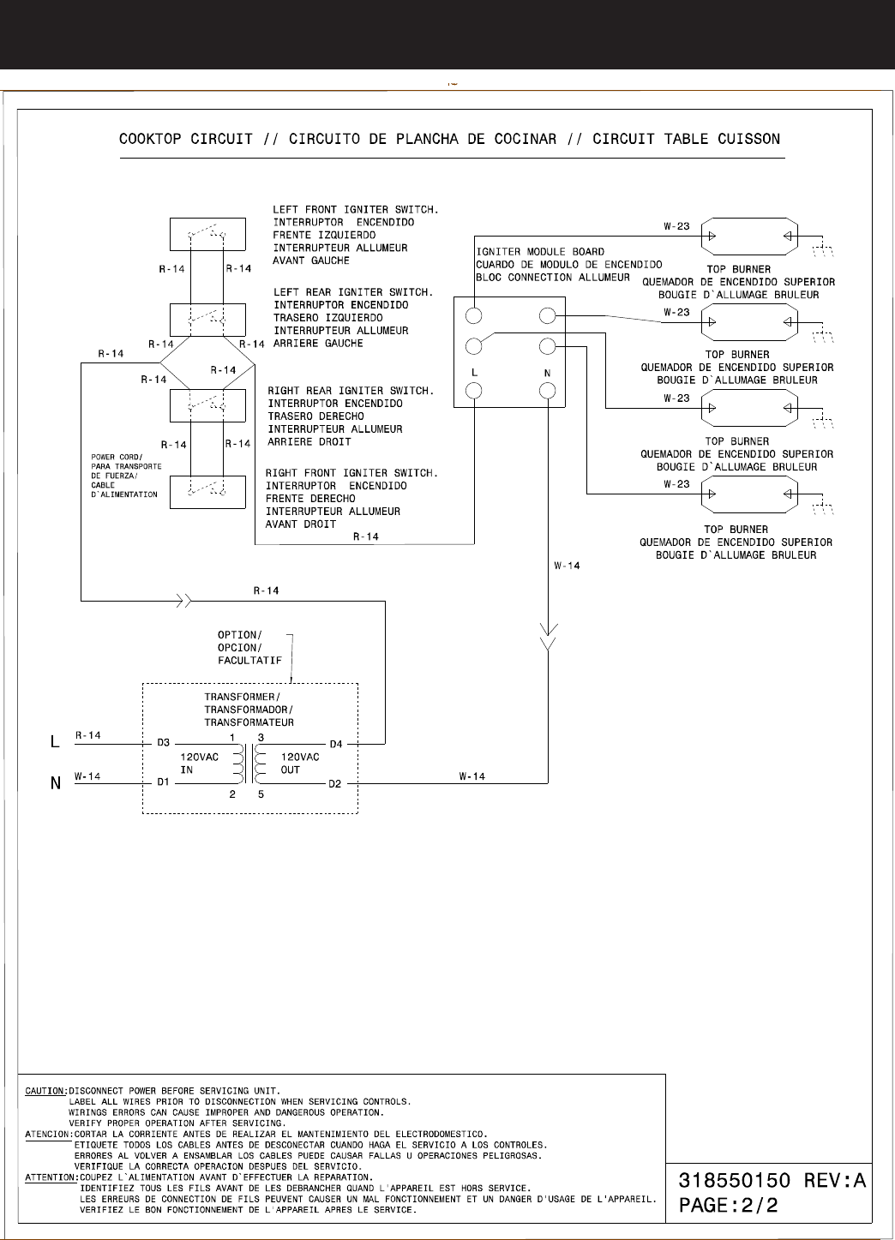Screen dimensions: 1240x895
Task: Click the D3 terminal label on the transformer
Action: (163, 743)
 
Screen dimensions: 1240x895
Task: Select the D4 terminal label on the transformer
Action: (336, 744)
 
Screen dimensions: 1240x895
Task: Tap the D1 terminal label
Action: (163, 782)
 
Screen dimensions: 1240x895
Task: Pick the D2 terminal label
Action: (336, 783)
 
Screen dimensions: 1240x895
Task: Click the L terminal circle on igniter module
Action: (474, 391)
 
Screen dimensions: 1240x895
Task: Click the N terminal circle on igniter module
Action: (548, 391)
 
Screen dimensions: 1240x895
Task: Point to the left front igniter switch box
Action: (207, 234)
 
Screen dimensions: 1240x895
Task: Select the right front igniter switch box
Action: (207, 492)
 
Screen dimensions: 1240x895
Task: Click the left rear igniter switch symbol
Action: (207, 319)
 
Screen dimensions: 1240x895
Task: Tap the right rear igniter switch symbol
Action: (207, 404)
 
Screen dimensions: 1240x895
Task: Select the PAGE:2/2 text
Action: (729, 1205)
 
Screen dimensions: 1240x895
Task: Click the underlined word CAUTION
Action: (45, 1092)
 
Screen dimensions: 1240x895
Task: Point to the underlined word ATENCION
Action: (47, 1135)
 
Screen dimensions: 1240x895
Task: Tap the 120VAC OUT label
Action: (300, 764)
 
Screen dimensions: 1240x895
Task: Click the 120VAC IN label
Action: (199, 764)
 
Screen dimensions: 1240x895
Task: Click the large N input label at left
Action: (56, 782)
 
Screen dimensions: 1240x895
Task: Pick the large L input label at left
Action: (56, 742)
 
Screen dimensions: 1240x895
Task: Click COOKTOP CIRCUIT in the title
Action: (186, 139)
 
